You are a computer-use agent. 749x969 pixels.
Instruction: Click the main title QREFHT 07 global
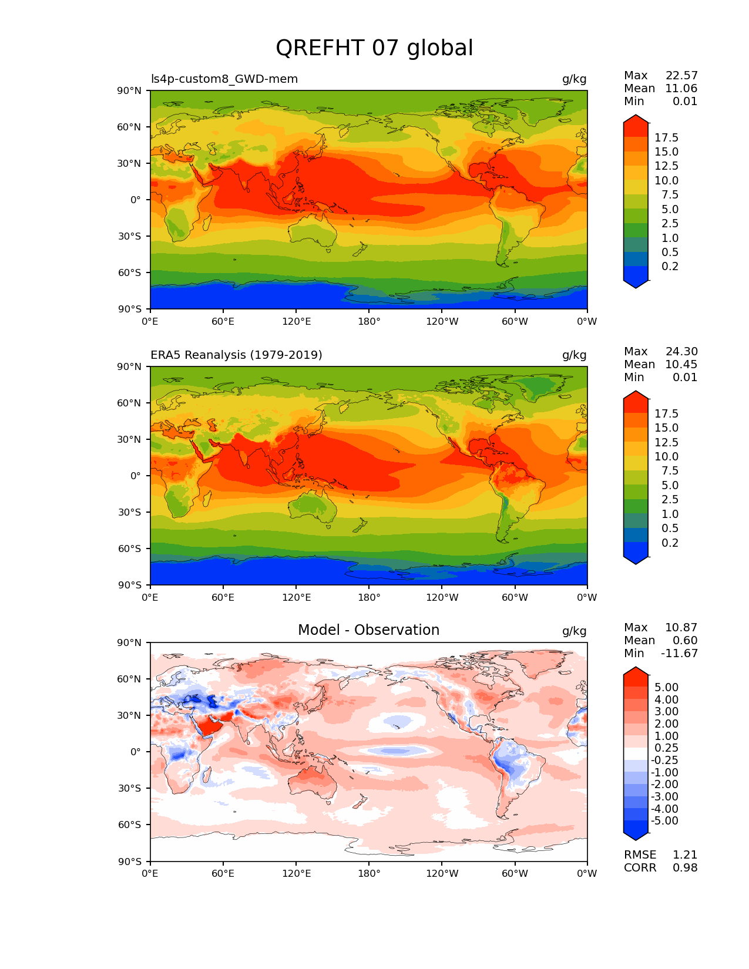tap(374, 48)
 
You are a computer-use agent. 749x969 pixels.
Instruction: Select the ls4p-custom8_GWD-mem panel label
tap(224, 79)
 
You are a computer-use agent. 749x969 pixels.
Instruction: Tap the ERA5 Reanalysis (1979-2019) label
tap(236, 355)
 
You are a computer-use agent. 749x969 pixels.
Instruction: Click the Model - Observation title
tap(368, 630)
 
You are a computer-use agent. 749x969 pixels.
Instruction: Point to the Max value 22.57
tap(681, 76)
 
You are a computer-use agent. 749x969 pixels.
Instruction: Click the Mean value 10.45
tap(681, 365)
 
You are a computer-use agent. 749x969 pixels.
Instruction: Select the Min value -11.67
tap(680, 654)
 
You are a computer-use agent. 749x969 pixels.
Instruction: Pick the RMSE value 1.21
tap(685, 855)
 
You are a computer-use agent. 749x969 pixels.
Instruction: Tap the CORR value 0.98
tap(685, 868)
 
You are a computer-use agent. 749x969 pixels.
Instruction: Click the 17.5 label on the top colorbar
tap(667, 138)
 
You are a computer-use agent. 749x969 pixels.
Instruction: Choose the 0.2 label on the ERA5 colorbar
tap(670, 543)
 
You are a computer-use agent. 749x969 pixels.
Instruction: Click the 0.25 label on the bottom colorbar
tap(667, 748)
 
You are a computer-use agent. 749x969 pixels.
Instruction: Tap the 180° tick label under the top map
tap(369, 322)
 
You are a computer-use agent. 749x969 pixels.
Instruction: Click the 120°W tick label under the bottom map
tap(442, 874)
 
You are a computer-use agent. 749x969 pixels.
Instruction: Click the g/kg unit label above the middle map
tap(575, 355)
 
